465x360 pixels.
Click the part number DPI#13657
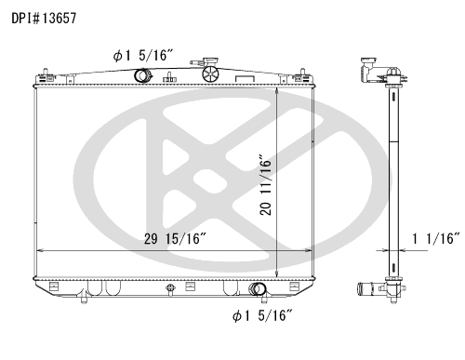44,19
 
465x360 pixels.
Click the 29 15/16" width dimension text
175,239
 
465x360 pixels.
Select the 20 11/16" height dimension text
266,184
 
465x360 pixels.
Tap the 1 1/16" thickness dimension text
435,238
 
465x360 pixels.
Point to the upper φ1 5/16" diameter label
142,56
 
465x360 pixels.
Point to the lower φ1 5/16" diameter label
262,315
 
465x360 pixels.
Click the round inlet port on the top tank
142,75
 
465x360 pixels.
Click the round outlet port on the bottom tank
257,289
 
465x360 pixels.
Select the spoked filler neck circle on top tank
210,74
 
